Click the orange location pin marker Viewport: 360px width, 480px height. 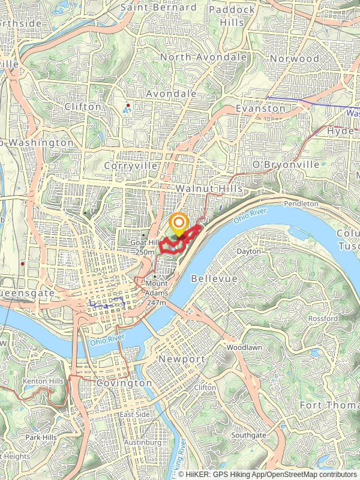(179, 226)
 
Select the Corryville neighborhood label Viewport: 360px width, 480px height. (130, 165)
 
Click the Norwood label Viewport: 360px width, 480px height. (295, 58)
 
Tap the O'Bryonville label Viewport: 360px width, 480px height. (286, 164)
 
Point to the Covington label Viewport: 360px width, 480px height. (124, 383)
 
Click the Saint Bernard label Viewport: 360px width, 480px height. (158, 7)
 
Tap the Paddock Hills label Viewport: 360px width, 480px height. (232, 16)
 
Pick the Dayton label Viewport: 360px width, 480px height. (249, 251)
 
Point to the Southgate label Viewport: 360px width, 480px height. (248, 434)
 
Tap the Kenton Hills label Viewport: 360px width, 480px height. (43, 381)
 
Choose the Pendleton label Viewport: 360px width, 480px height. (301, 204)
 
